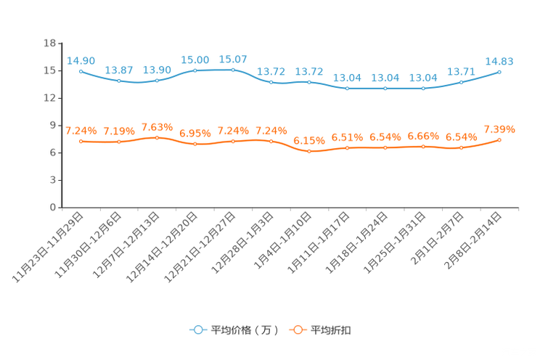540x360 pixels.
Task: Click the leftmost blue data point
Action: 81,70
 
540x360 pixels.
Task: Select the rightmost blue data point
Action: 500,71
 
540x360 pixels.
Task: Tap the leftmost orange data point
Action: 81,141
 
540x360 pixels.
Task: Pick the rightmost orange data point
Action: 500,139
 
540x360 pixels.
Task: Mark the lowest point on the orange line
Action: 309,152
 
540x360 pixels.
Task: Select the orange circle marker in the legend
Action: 298,330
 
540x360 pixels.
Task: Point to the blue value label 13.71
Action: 461,71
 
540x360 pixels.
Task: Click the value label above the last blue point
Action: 499,61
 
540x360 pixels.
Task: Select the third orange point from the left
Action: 157,137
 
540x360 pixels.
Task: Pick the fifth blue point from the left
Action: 233,70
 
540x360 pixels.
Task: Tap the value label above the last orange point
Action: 499,129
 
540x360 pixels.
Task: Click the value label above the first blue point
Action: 81,60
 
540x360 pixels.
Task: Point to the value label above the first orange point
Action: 81,131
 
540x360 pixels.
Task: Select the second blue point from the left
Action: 119,81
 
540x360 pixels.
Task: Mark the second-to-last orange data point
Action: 461,148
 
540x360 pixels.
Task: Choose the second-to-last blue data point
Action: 461,81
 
